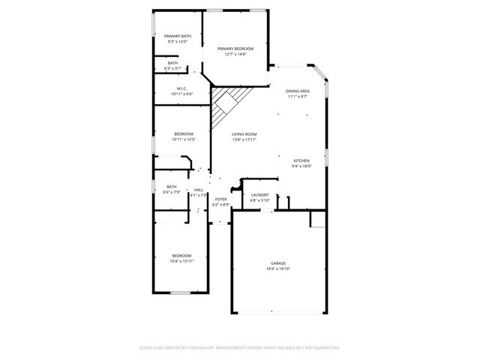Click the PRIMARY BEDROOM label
[x=235, y=48]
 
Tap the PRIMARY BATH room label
[x=178, y=37]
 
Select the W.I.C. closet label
[x=182, y=88]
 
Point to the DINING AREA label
[x=298, y=91]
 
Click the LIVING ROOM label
[x=244, y=133]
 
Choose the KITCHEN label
[x=301, y=160]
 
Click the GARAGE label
[x=278, y=262]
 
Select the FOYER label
[x=220, y=199]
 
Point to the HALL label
[x=199, y=190]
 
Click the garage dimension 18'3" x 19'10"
[x=278, y=268]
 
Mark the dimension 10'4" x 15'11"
[x=183, y=261]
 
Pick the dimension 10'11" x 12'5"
[x=183, y=139]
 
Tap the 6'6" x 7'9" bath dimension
[x=172, y=193]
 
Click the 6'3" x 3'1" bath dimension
[x=172, y=68]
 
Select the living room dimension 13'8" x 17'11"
[x=244, y=139]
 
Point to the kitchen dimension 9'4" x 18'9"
[x=301, y=166]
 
